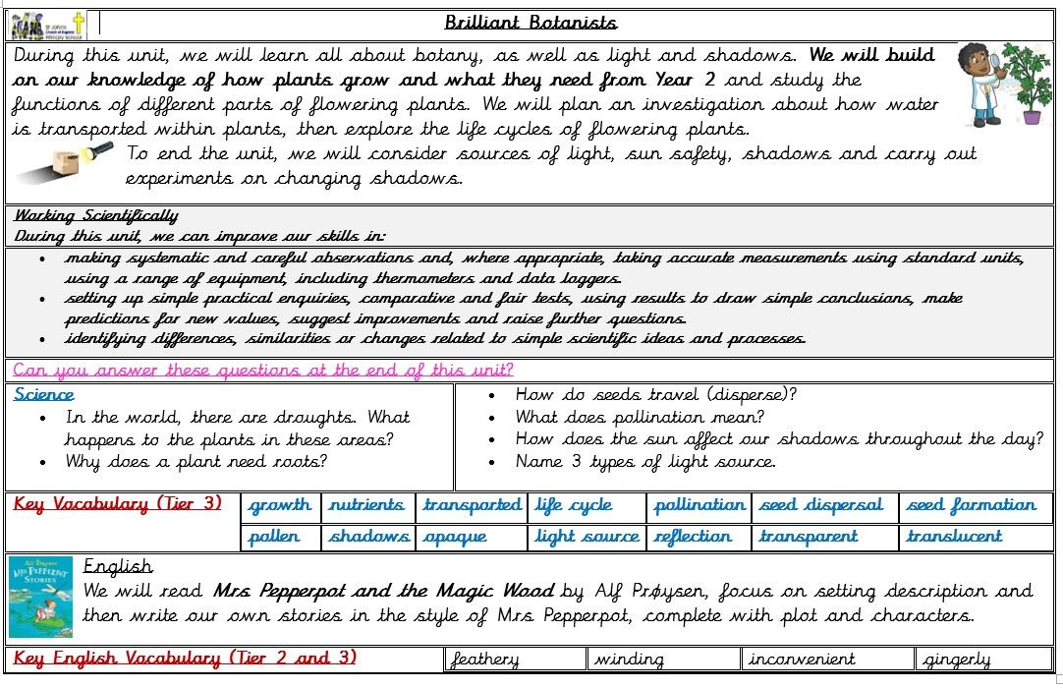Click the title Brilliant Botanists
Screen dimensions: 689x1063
tap(531, 23)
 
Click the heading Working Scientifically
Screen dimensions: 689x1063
tap(95, 216)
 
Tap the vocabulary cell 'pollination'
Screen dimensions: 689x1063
tap(699, 505)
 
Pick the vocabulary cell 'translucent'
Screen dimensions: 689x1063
tap(953, 537)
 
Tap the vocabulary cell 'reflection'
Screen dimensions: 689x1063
tap(693, 537)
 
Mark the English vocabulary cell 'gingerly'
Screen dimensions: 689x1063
tap(957, 660)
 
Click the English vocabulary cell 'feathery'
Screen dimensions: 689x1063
tap(484, 660)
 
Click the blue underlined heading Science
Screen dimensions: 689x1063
tap(44, 394)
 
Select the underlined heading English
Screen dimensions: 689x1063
tap(118, 566)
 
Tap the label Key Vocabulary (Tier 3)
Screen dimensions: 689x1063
tap(118, 504)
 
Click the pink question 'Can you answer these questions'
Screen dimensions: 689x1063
tap(262, 371)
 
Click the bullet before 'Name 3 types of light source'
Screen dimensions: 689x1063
tap(492, 462)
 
